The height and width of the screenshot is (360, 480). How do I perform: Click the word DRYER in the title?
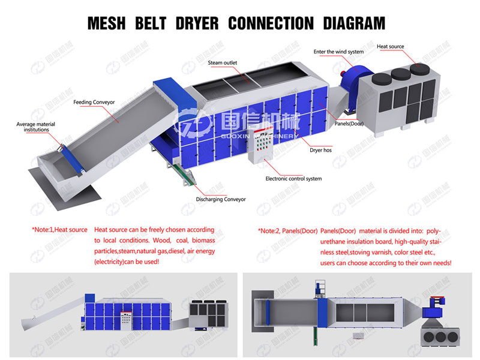coord(196,23)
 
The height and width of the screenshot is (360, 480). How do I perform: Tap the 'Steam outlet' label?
coord(223,62)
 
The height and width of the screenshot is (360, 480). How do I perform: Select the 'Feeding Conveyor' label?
coord(94,102)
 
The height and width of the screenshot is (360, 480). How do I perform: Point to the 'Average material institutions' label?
coord(35,127)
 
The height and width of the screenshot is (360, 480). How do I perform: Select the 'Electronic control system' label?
coord(293,178)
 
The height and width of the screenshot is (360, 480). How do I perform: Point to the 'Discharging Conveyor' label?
coord(221,199)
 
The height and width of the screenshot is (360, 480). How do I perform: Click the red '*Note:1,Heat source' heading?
coord(59,230)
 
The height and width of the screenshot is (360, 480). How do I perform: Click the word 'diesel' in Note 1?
coord(176,251)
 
